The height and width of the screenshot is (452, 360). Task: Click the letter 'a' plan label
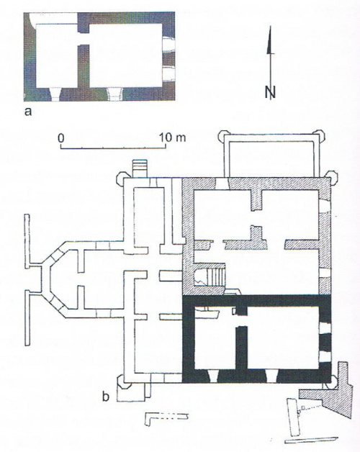pos(27,112)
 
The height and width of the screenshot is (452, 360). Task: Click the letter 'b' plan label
pos(106,397)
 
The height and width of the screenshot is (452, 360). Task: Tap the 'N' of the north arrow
pos(270,92)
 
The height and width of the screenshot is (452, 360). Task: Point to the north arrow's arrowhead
pos(269,40)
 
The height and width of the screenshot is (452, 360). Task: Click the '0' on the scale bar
pos(61,138)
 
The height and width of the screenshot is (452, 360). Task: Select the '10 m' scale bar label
pos(173,137)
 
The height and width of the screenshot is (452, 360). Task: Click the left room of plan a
pos(57,55)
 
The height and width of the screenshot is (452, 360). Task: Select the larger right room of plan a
pos(126,55)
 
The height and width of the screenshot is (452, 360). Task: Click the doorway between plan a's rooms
pos(84,39)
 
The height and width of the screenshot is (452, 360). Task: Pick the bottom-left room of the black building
pos(215,340)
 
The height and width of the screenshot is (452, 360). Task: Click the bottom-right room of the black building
pos(283,338)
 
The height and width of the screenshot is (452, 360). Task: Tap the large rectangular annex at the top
pos(271,156)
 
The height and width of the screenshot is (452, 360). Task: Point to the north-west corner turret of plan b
pos(121,178)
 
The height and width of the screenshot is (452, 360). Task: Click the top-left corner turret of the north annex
pos(224,135)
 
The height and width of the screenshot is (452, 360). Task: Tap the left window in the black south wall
pos(213,376)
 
